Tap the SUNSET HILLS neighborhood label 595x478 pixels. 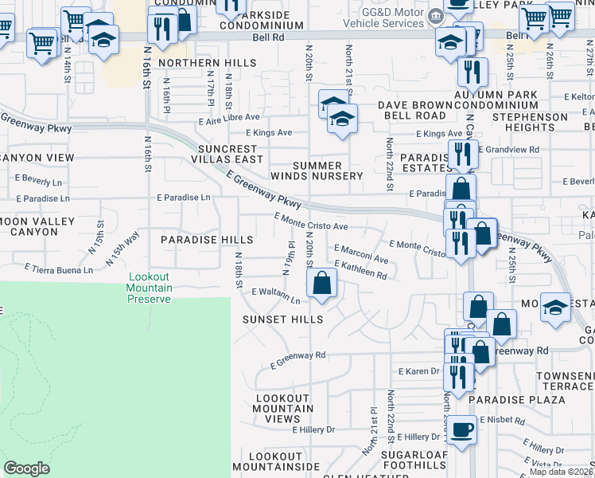(x=282, y=319)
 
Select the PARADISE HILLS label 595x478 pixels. (x=207, y=240)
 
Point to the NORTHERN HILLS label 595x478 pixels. (x=196, y=63)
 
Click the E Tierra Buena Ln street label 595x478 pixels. (x=58, y=269)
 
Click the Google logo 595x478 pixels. (x=26, y=468)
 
